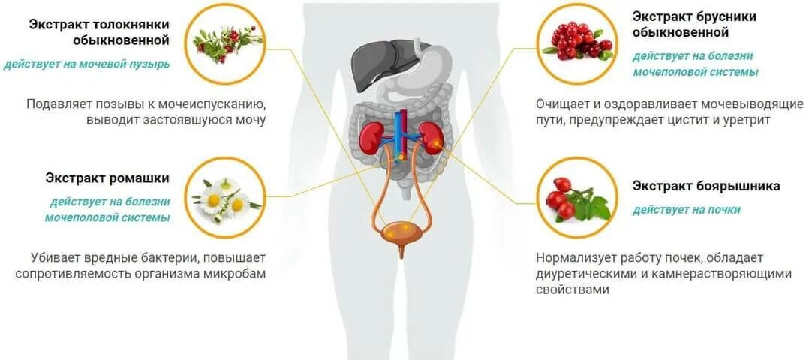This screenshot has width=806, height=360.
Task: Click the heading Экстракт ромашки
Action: coord(107,178)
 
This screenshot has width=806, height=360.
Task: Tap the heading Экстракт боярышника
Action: coord(705,186)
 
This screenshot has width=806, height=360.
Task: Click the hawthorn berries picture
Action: coord(578,198)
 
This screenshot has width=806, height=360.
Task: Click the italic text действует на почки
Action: coord(686,210)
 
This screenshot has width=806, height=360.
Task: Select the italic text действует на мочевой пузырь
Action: coord(87,64)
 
